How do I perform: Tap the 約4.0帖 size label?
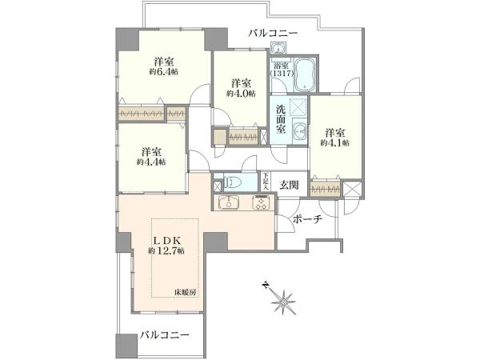pyautogui.click(x=241, y=93)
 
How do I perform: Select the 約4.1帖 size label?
pyautogui.click(x=334, y=143)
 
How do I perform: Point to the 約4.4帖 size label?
pyautogui.click(x=150, y=162)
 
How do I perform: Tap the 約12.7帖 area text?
pyautogui.click(x=167, y=250)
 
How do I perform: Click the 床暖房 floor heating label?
pyautogui.click(x=186, y=292)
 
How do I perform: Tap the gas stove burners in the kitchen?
pyautogui.click(x=262, y=202)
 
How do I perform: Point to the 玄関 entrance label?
pyautogui.click(x=290, y=183)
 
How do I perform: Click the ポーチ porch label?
pyautogui.click(x=306, y=220)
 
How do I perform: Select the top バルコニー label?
pyautogui.click(x=272, y=34)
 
